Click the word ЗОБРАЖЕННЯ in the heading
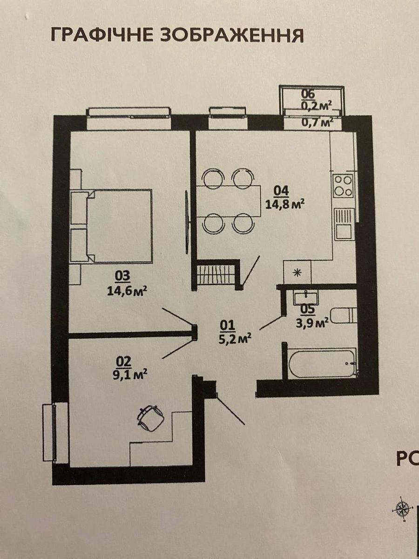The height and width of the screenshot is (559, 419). tap(232, 35)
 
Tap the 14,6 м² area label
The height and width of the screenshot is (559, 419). tap(128, 291)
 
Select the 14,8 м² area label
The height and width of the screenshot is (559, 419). tap(285, 204)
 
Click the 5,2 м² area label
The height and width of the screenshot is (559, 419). tap(236, 339)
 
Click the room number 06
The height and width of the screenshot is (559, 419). tap(308, 94)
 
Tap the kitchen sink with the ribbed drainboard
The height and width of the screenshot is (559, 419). tap(344, 224)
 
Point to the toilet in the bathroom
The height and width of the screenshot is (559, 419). tap(344, 316)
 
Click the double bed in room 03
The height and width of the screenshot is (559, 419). tap(111, 225)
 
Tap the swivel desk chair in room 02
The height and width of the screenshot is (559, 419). tap(149, 419)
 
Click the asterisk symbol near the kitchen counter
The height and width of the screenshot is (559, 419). tap(296, 273)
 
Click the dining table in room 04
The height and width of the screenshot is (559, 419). tap(229, 201)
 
